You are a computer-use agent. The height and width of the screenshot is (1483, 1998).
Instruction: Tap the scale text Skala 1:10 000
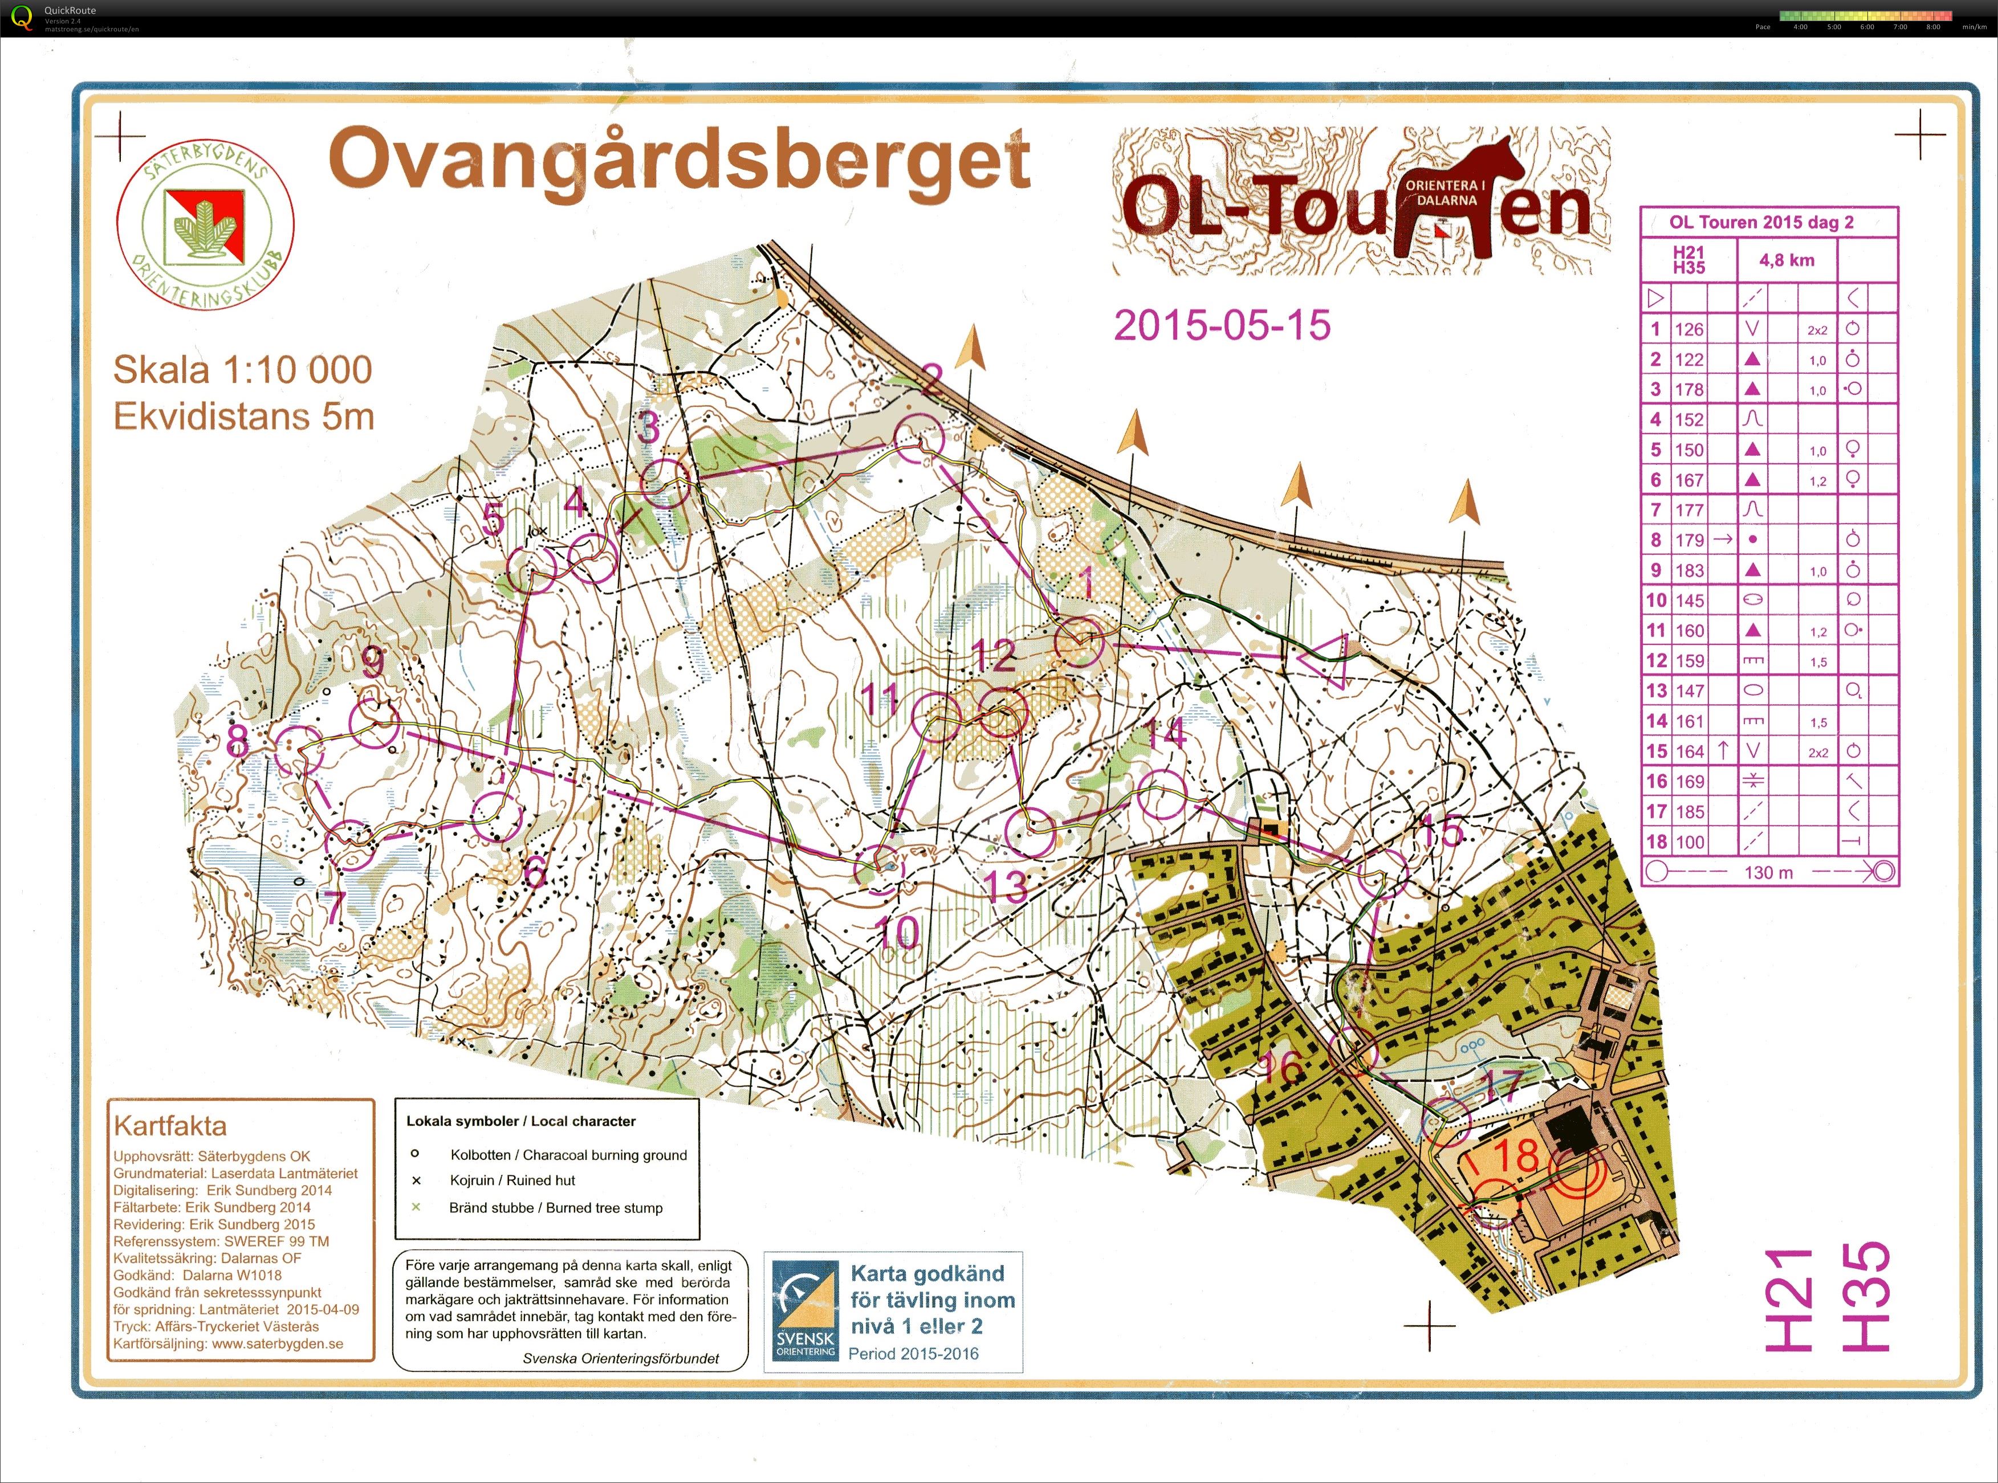click(x=242, y=370)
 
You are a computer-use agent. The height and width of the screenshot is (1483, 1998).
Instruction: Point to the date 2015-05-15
click(x=1222, y=325)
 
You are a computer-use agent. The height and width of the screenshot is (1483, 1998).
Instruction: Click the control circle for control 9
click(x=375, y=724)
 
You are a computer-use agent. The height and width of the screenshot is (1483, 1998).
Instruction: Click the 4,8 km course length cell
click(x=1786, y=260)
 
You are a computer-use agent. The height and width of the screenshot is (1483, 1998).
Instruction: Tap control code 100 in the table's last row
click(x=1688, y=842)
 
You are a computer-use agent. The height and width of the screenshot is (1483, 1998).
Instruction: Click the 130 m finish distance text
click(x=1768, y=873)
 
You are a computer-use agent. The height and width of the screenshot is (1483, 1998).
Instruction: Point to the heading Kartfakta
click(x=170, y=1126)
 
